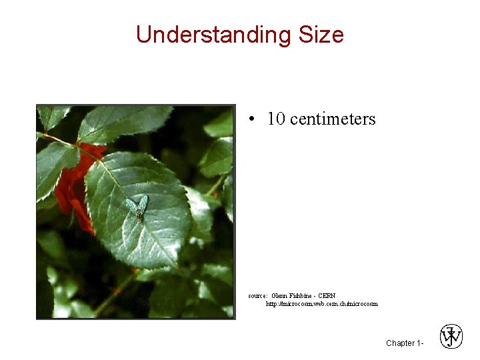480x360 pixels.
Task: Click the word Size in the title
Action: coord(321,35)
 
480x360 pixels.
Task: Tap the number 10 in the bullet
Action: coord(276,119)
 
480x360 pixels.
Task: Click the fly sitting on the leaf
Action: coord(138,207)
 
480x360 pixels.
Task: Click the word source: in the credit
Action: coord(258,295)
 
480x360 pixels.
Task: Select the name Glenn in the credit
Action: coord(280,295)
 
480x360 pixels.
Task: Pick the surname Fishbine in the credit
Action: coord(302,295)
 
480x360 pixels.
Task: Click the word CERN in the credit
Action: coord(327,295)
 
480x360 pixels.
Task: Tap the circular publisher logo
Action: coord(451,337)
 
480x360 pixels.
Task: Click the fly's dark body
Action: coord(139,212)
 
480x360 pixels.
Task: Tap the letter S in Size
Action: coord(305,35)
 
